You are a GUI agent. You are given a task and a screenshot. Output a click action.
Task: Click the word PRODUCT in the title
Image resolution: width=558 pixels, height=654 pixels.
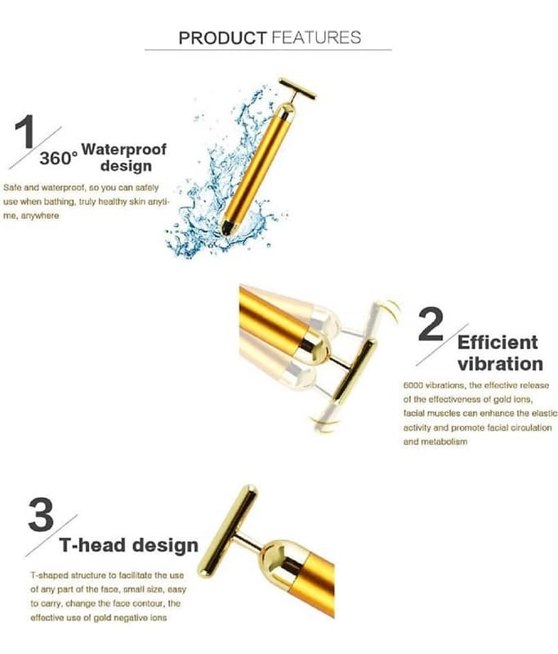click(x=222, y=38)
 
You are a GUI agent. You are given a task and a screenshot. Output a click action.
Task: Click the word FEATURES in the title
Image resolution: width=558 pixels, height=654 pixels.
click(x=316, y=38)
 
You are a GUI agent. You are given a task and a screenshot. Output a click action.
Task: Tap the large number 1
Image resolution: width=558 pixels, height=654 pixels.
click(x=25, y=132)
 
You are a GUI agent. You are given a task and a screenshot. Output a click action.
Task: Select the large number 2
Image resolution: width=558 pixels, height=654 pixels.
click(x=431, y=324)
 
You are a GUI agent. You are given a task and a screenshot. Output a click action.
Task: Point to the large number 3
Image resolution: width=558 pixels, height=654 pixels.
click(x=41, y=515)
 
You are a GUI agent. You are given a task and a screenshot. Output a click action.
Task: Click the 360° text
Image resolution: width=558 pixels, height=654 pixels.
click(x=59, y=159)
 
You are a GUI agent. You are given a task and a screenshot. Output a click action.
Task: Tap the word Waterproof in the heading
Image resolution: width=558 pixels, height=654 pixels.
click(x=123, y=149)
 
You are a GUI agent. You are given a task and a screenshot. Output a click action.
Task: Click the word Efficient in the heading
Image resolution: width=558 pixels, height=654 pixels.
click(x=498, y=343)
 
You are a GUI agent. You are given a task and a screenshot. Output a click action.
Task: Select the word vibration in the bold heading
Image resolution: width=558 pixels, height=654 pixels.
click(x=500, y=364)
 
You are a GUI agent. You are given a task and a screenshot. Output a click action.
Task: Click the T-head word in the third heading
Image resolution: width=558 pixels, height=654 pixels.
click(x=92, y=545)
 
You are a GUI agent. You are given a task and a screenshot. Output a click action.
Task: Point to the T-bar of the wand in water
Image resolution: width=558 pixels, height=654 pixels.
click(x=297, y=88)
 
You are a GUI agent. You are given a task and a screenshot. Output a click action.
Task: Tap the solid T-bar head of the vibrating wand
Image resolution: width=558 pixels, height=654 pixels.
click(x=355, y=370)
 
